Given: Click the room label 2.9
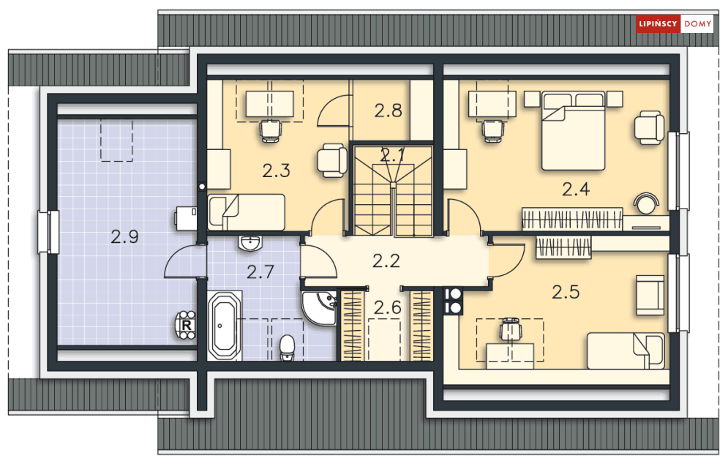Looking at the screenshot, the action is point(124,237).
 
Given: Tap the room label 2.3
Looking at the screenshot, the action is point(277,171).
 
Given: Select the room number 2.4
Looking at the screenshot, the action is point(576,189).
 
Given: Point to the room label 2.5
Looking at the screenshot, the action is point(566,292).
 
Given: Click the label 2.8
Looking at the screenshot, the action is point(388,111).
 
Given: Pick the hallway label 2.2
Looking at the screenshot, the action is point(386,261).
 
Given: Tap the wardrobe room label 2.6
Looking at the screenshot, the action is point(388,307).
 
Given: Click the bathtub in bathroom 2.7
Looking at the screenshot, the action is point(225,326).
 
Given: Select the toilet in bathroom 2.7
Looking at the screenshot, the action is point(288,348).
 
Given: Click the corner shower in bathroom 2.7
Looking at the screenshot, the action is point(320,308).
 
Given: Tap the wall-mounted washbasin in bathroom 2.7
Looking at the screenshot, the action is point(251,243).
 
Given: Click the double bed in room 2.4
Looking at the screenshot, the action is point(574,130).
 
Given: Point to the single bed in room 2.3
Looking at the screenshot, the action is point(246,212).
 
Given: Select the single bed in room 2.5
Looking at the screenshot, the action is point(626,351).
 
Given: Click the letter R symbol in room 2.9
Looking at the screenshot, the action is point(187,326).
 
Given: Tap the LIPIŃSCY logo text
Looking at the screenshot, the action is point(658,23).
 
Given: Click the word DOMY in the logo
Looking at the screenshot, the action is point(698,23).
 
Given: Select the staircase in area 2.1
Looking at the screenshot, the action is point(393,191).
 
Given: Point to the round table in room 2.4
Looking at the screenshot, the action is point(647,203).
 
